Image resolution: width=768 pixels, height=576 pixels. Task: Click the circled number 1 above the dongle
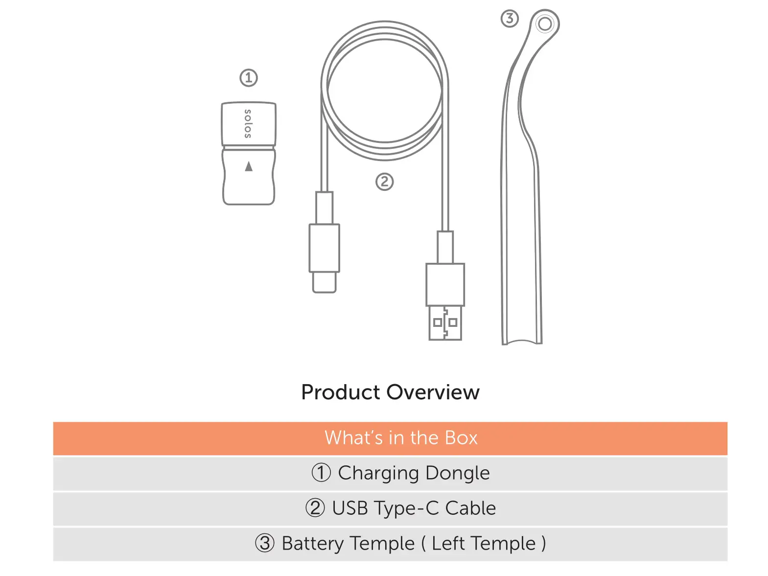click(x=248, y=77)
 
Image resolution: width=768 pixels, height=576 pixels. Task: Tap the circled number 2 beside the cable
click(x=384, y=182)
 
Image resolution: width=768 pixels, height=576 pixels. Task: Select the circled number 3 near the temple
click(x=509, y=19)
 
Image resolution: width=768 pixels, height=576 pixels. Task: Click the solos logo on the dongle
click(x=248, y=123)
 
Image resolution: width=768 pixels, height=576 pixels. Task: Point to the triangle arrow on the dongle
click(x=249, y=166)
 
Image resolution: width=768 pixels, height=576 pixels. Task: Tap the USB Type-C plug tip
click(x=324, y=282)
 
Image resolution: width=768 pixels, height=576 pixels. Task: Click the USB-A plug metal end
click(x=445, y=323)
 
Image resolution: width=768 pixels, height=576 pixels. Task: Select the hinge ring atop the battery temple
click(x=544, y=23)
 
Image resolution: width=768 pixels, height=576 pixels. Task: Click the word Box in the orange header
click(x=461, y=438)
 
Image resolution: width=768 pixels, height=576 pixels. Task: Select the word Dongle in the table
click(x=457, y=473)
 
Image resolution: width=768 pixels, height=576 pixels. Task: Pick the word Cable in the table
click(x=470, y=508)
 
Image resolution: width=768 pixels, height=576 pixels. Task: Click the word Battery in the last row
click(x=312, y=543)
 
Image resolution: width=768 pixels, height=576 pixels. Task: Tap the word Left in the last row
click(x=448, y=543)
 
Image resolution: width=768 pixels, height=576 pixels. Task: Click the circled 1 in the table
click(x=321, y=473)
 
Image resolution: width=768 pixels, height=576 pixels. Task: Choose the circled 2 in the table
click(x=315, y=508)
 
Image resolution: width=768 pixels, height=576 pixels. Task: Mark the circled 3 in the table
click(x=264, y=543)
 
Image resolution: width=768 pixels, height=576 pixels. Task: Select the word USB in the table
click(x=349, y=508)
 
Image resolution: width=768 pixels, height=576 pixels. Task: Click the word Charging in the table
click(x=378, y=473)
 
